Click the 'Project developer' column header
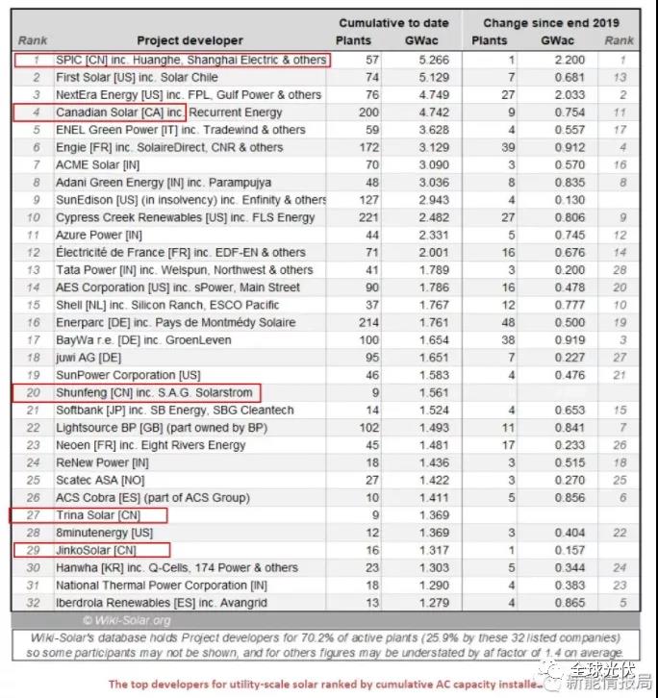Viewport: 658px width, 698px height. point(190,41)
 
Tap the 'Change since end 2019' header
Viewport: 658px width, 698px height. point(551,23)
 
